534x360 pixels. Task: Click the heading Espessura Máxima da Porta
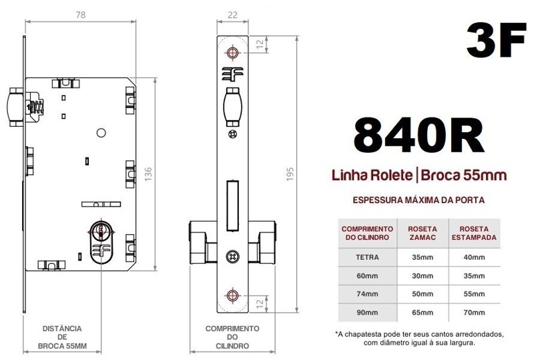419,200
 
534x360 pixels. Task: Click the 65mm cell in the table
423,312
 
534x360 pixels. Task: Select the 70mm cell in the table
474,312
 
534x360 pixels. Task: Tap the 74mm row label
368,294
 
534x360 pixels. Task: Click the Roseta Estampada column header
474,232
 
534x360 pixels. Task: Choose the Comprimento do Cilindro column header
368,232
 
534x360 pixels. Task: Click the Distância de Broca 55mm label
62,337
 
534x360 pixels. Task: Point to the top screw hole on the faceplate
232,53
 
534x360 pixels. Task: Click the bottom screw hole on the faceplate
232,294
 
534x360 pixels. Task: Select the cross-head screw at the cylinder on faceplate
232,255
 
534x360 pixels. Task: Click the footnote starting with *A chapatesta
419,338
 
